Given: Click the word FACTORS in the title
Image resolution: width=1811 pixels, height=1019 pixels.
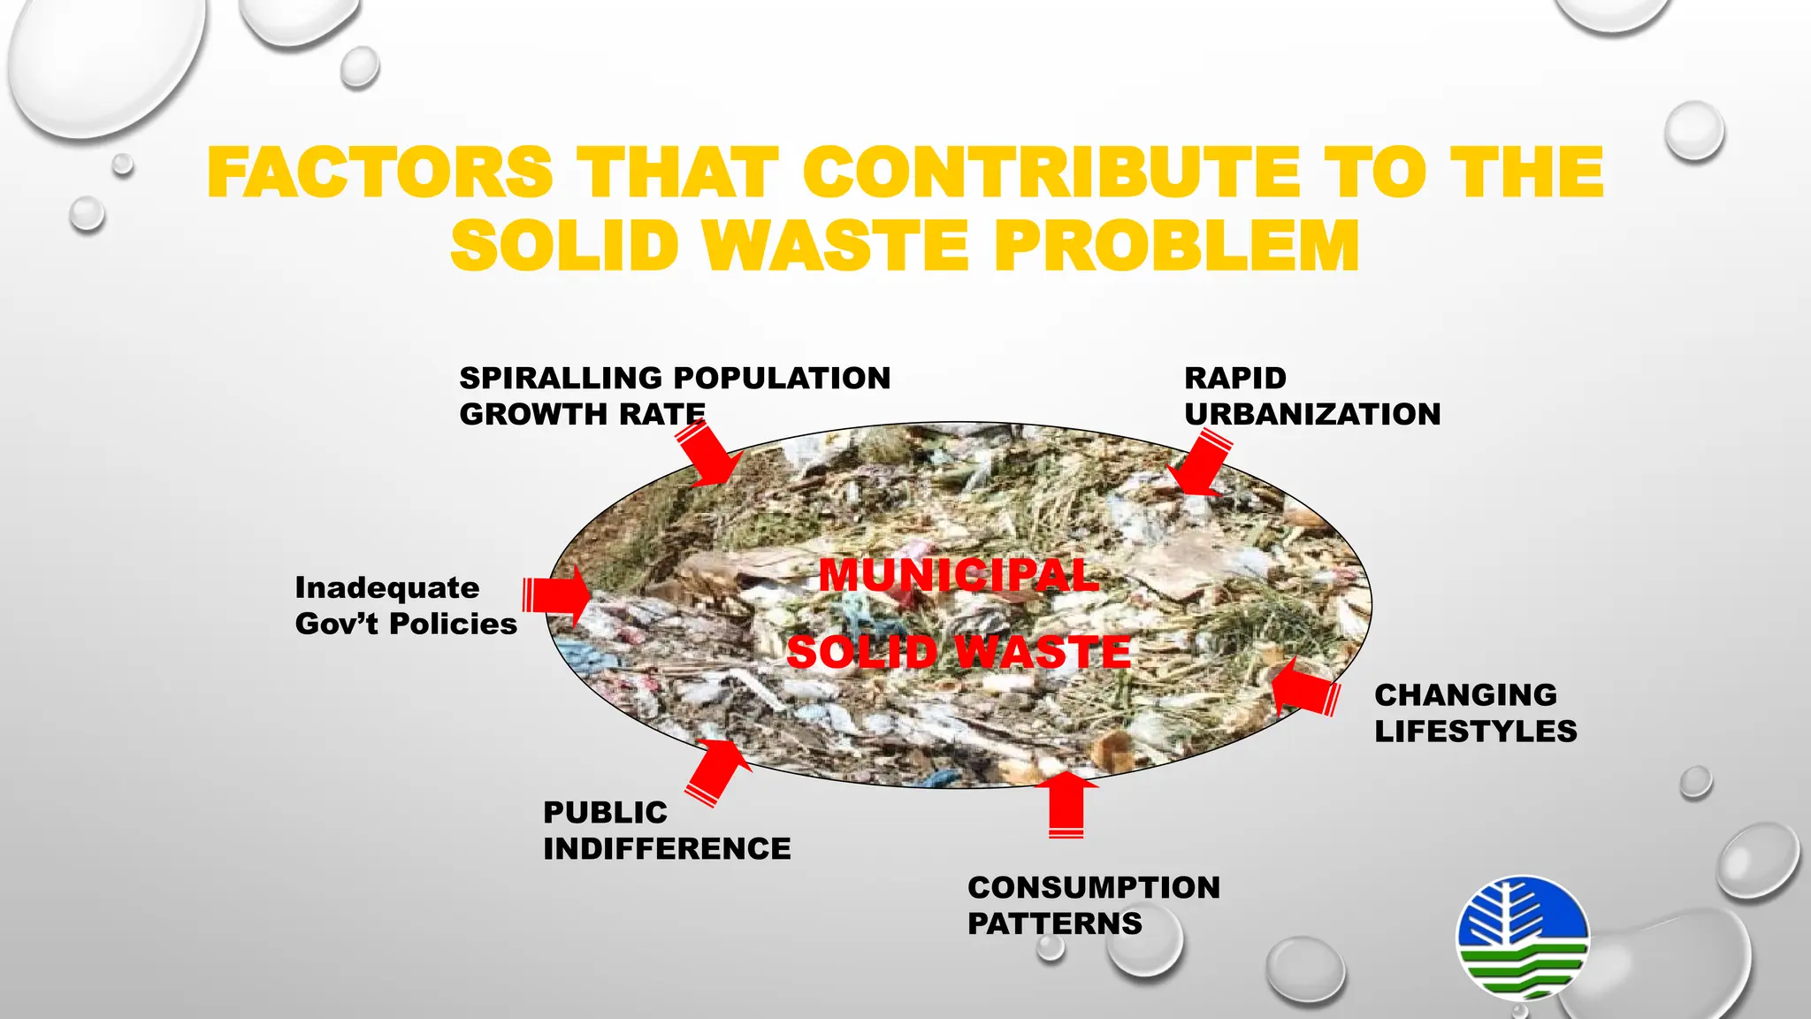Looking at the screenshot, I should [380, 172].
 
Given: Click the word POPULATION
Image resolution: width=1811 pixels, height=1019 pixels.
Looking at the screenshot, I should [782, 378].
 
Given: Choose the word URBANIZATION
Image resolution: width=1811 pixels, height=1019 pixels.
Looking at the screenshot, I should [1312, 414].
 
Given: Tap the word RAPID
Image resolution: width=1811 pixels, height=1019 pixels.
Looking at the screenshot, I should [1234, 378].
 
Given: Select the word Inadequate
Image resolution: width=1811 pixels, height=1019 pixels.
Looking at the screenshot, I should [387, 587].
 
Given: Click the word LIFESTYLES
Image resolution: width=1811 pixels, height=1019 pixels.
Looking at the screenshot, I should [1475, 732].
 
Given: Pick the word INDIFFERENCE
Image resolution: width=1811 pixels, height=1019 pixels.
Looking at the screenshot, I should [667, 849].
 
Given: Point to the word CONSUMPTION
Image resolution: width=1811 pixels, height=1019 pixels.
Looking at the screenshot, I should [1094, 887].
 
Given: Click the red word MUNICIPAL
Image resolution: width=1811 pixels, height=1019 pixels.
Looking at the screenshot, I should [959, 576].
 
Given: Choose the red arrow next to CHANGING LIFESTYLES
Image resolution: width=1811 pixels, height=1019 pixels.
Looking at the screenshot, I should [1303, 689].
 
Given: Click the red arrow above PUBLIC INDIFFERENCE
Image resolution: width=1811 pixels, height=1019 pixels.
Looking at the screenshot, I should [717, 770].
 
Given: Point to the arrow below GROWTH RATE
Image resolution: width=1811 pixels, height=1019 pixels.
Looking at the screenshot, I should [710, 454].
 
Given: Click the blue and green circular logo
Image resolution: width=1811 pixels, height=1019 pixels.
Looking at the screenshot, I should [1522, 937].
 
